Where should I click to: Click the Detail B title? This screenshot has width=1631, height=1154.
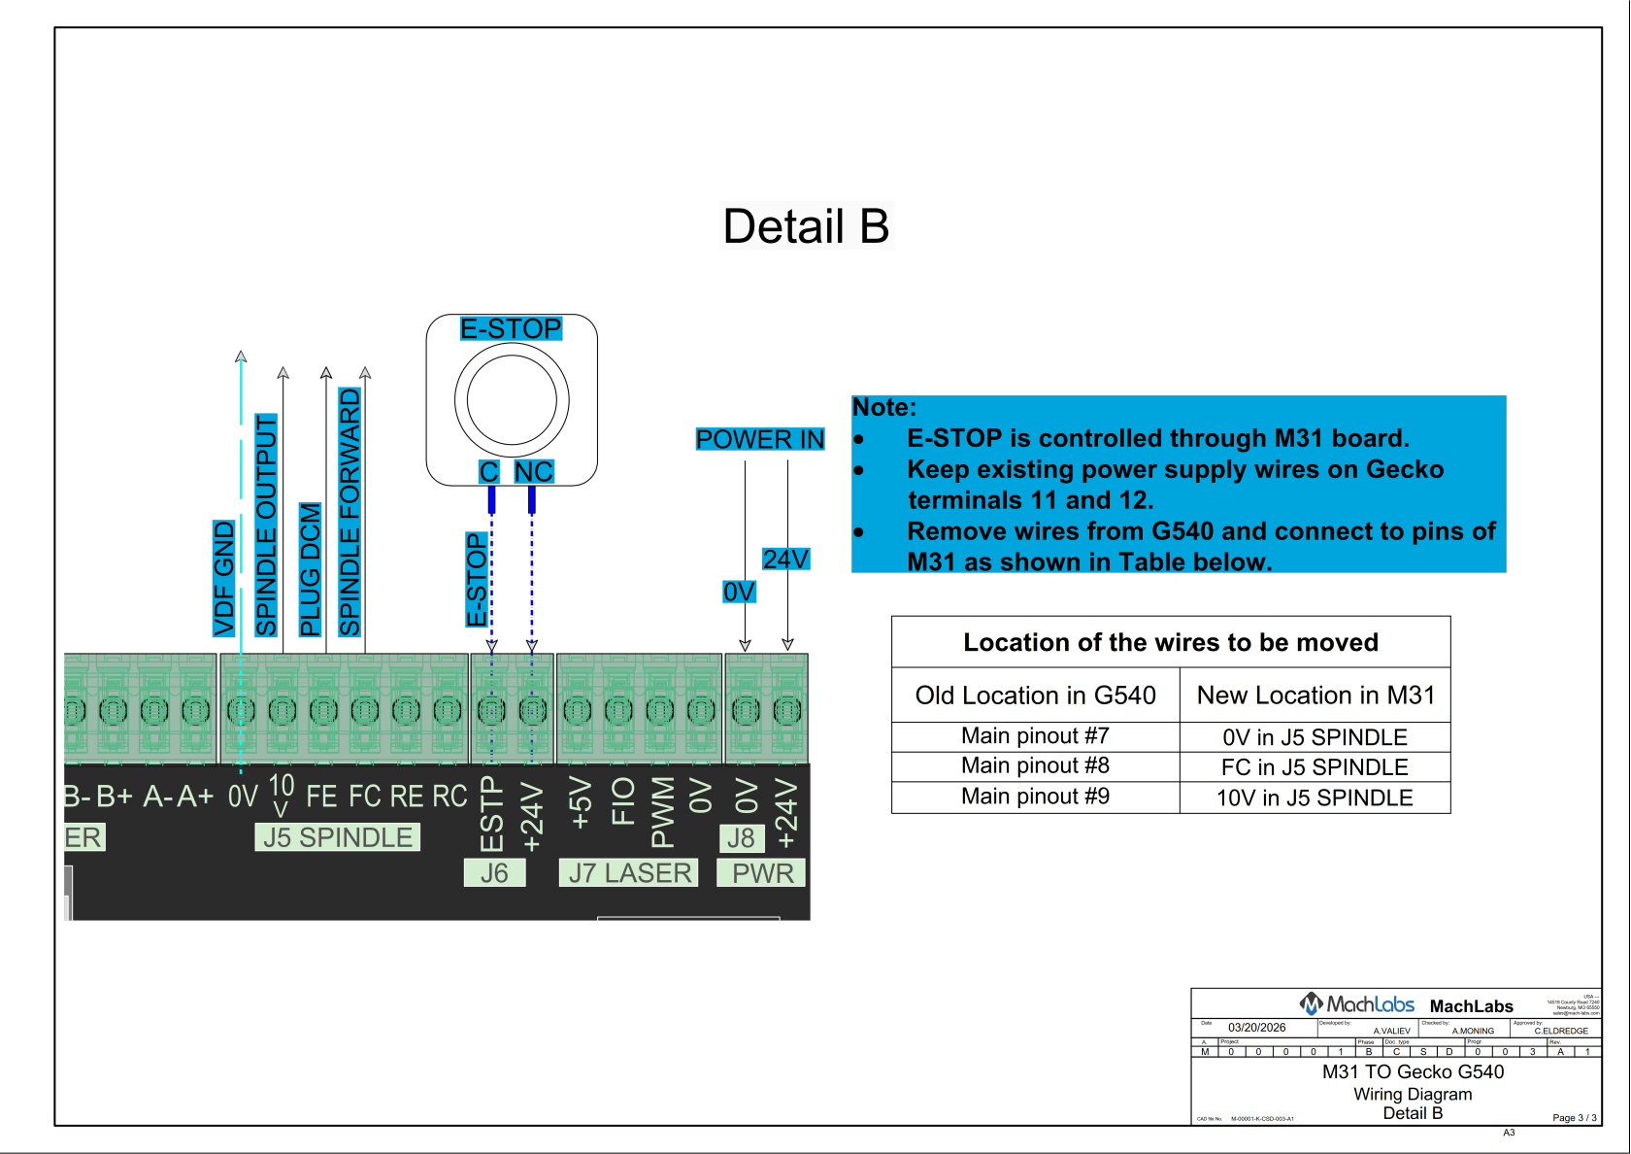tap(806, 226)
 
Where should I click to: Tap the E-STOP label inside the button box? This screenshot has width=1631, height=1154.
tap(511, 328)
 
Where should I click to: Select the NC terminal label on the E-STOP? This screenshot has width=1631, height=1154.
tap(533, 472)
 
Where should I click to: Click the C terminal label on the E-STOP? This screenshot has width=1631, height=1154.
tap(488, 472)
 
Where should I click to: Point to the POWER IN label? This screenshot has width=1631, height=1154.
tap(759, 439)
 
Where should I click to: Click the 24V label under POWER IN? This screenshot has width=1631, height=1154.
tap(784, 560)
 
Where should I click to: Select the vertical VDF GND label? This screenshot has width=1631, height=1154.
tap(224, 578)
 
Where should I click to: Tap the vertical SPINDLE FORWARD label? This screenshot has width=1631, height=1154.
tap(349, 512)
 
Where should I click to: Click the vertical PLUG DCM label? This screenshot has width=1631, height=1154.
tap(310, 569)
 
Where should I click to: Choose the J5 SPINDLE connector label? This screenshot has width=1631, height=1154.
tap(337, 837)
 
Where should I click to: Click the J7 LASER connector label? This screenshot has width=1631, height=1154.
tap(629, 873)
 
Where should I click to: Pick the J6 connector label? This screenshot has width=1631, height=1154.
tap(494, 873)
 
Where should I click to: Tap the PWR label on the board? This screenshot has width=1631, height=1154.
tap(762, 873)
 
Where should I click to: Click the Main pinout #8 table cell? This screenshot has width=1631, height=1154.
tap(1035, 766)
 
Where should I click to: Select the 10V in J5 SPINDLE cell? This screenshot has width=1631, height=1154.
tap(1315, 798)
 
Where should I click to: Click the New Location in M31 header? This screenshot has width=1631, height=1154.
tap(1315, 696)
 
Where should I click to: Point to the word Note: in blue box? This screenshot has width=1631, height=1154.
tap(884, 408)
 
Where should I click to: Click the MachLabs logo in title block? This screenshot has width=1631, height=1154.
tap(1356, 1004)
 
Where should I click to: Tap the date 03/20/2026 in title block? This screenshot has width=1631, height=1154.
tap(1256, 1028)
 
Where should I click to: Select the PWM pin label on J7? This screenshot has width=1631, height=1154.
tap(662, 811)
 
